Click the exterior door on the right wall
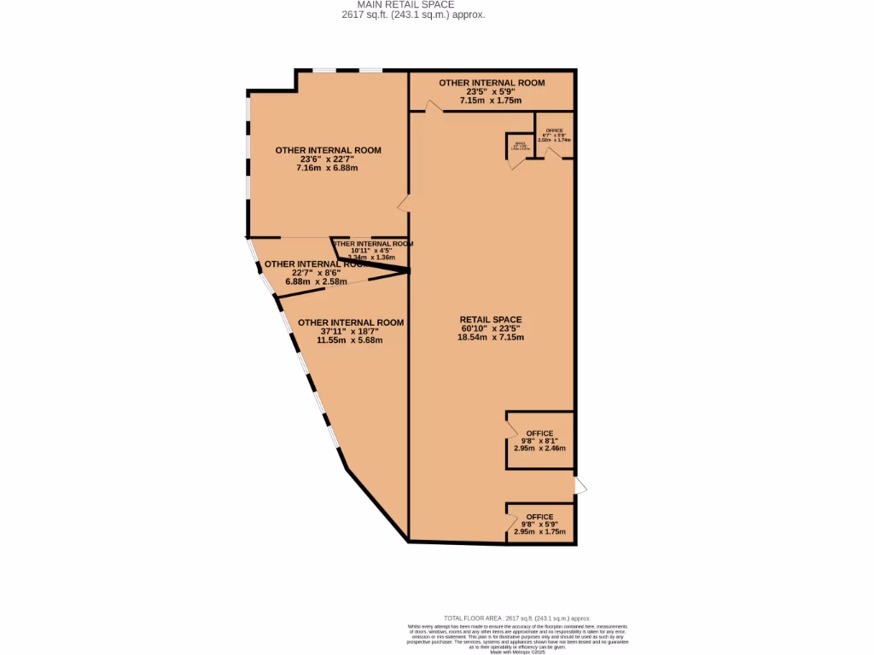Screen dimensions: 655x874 coord(580,485)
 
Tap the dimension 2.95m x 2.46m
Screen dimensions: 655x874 coord(539,448)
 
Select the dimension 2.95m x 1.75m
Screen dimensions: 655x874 coord(539,531)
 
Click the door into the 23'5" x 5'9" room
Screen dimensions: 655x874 coord(434,107)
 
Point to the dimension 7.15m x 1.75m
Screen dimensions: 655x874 coord(491,100)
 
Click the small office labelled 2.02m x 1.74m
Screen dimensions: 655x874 coord(554,135)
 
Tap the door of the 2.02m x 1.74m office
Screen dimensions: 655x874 coord(551,154)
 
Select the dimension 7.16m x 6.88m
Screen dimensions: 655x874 coord(327,168)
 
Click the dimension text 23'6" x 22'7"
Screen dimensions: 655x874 coord(328,159)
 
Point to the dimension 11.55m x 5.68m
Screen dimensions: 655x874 coord(349,340)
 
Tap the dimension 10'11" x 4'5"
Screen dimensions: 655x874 coord(372,250)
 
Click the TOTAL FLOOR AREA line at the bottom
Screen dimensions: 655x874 coord(517,618)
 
